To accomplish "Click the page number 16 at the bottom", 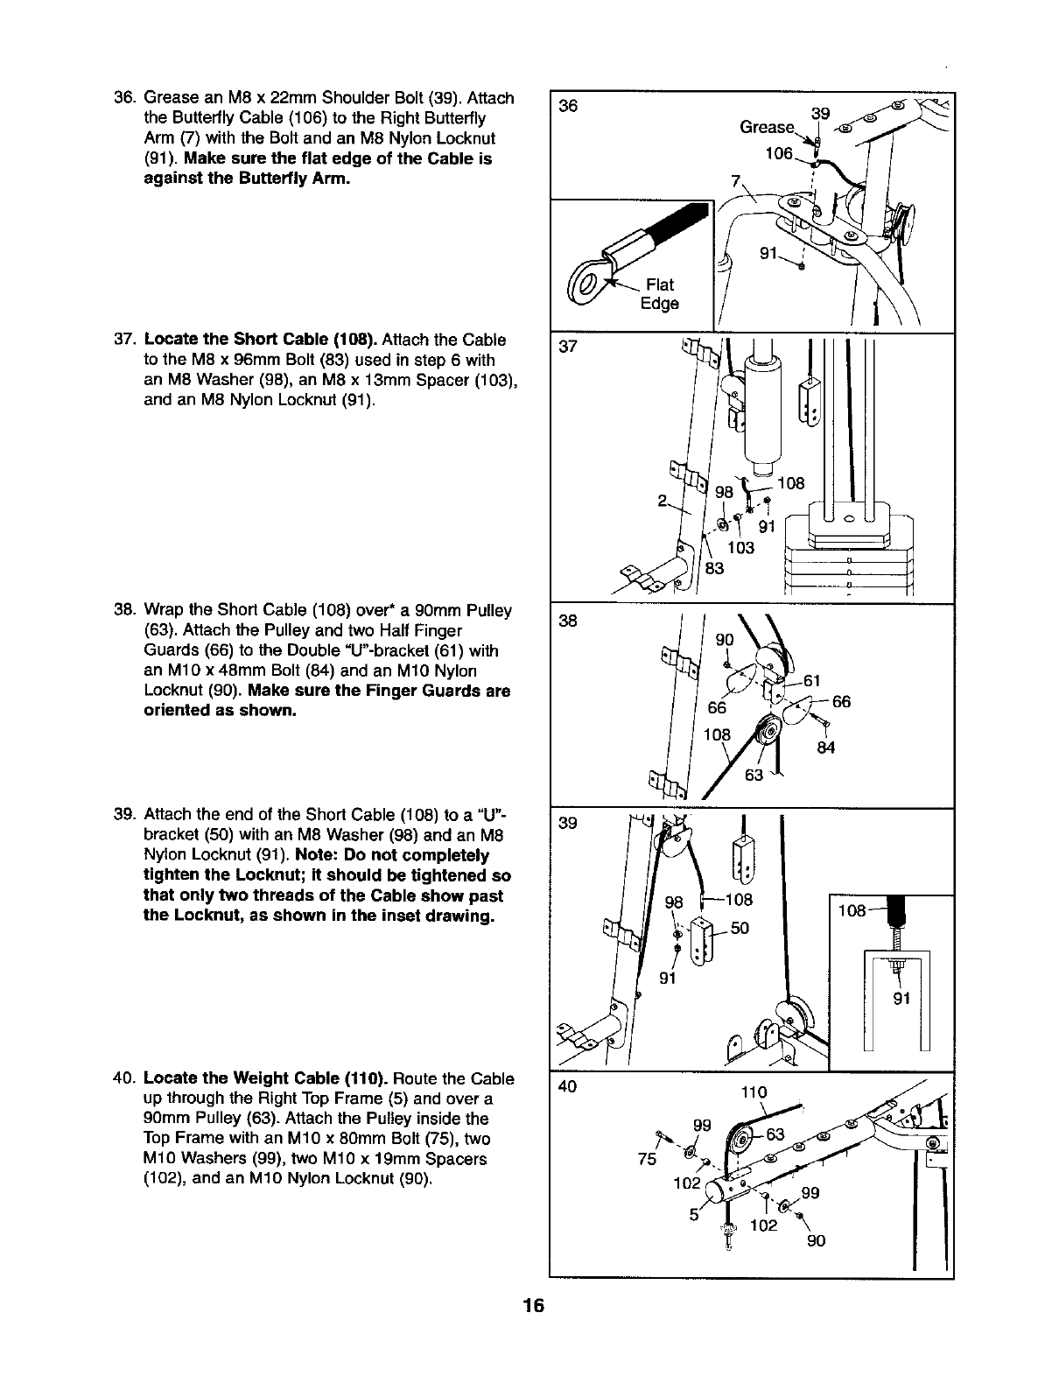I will pos(530,1307).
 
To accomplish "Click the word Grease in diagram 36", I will pos(766,127).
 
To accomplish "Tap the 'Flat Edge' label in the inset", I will pos(659,294).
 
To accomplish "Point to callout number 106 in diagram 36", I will pos(778,154).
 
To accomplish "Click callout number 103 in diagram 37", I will pos(740,548).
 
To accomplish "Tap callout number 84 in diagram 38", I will pos(824,747).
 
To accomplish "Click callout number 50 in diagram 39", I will pos(740,927).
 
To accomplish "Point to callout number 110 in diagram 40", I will pos(753,1092).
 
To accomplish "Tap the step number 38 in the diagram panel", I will pos(568,621).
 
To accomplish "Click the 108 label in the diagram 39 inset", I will pos(852,911).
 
